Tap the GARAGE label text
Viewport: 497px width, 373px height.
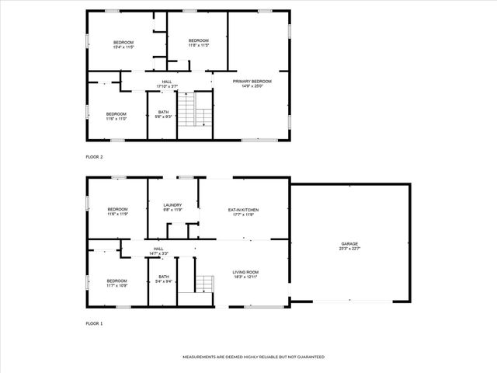click(x=349, y=244)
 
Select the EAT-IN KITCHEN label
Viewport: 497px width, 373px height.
click(x=243, y=210)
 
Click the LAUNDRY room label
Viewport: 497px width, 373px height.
click(x=172, y=205)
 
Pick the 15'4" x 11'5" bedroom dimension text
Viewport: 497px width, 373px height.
click(x=124, y=47)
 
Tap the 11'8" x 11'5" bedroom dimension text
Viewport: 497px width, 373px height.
click(x=199, y=45)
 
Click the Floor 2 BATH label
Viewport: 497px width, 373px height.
click(x=164, y=112)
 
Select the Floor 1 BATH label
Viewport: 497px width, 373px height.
click(x=164, y=277)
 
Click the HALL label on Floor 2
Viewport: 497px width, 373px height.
click(x=167, y=81)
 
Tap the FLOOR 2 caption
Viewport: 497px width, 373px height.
click(x=95, y=156)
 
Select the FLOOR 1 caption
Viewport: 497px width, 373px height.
click(x=95, y=322)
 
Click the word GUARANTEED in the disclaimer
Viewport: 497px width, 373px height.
click(x=309, y=357)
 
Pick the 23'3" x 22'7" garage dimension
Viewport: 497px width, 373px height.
click(x=349, y=249)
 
